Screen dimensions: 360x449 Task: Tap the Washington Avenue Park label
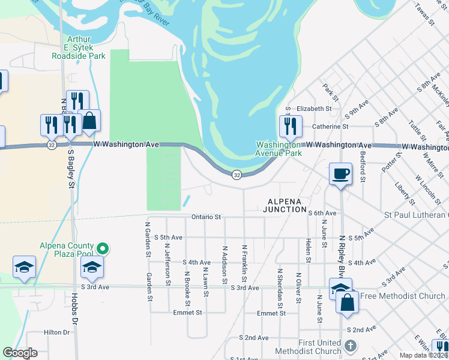pos(278,149)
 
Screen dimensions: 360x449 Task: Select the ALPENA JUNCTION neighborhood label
pos(285,205)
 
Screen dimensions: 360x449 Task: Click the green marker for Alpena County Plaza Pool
pos(103,247)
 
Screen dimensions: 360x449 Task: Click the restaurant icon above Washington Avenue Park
pos(291,126)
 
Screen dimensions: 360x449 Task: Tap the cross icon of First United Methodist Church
pos(351,346)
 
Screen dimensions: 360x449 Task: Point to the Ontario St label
pos(206,217)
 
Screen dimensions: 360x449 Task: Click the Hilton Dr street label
pos(57,332)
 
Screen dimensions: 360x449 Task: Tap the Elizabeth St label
pos(314,109)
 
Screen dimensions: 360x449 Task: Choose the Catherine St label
pos(330,127)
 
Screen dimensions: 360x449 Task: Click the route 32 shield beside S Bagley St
pos(52,145)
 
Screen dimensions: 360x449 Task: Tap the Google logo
pos(20,353)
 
